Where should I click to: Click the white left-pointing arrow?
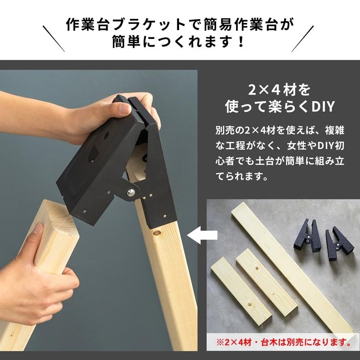(x=202, y=236)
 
